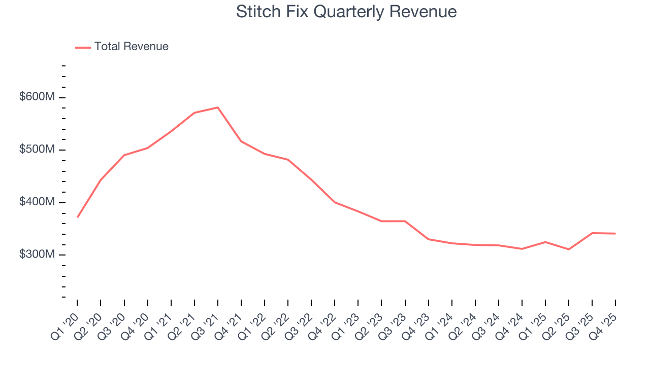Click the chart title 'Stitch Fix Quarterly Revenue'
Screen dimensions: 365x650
pyautogui.click(x=346, y=12)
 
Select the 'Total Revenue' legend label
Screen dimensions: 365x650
pyautogui.click(x=131, y=47)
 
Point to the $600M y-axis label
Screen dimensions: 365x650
pyautogui.click(x=37, y=97)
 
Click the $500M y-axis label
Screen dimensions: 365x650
pyautogui.click(x=37, y=150)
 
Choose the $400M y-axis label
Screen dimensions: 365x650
pyautogui.click(x=37, y=202)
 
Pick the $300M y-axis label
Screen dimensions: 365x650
pyautogui.click(x=37, y=254)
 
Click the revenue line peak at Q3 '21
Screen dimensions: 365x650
pyautogui.click(x=217, y=107)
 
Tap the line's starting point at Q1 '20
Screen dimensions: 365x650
pyautogui.click(x=77, y=217)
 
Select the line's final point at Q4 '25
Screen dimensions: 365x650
pyautogui.click(x=615, y=234)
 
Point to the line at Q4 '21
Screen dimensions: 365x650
pyautogui.click(x=241, y=141)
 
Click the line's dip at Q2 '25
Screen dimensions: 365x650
pyautogui.click(x=569, y=249)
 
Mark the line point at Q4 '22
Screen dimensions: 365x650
pyautogui.click(x=335, y=202)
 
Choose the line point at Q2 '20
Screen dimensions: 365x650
pyautogui.click(x=101, y=180)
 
